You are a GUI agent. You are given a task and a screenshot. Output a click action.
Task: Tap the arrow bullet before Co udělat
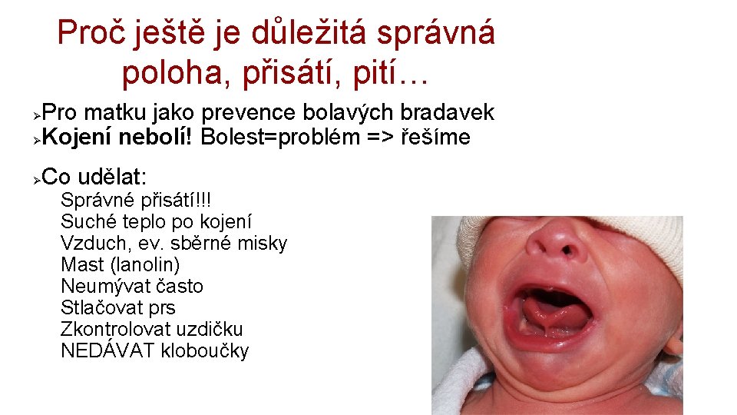coord(36,179)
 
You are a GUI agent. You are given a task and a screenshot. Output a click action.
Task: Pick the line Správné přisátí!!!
coord(135,201)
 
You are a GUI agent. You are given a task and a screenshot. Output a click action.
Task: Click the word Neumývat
coord(106,287)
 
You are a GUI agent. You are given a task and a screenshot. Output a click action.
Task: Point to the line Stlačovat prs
coord(117,308)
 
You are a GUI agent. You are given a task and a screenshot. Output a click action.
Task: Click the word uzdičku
coord(210,330)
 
